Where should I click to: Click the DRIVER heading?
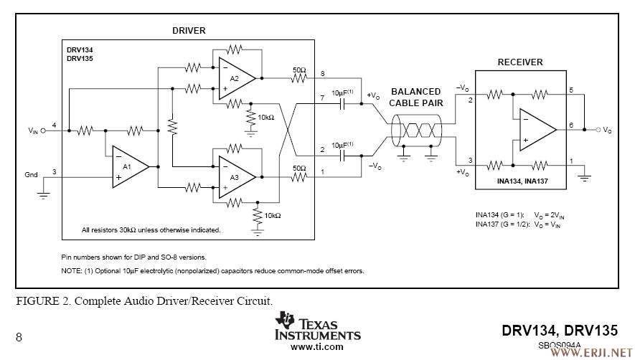189,31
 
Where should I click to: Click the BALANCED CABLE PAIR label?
415,97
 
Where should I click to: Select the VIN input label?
34,131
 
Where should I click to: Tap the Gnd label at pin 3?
32,174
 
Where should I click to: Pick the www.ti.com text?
316,346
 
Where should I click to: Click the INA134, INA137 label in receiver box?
522,181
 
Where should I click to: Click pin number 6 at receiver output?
571,125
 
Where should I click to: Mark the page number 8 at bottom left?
19,337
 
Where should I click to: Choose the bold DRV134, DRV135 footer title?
560,331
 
